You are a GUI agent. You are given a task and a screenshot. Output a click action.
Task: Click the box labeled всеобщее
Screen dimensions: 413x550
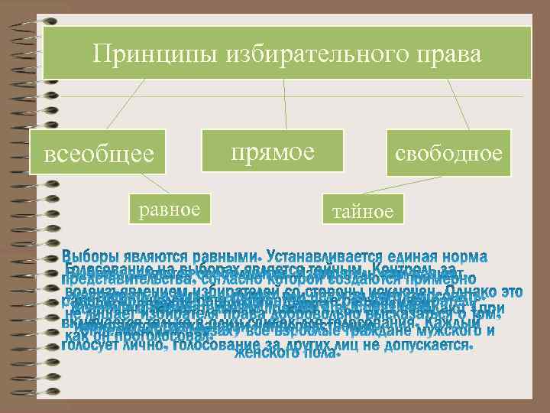point(99,154)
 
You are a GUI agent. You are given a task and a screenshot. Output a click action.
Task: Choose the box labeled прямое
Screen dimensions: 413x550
point(273,151)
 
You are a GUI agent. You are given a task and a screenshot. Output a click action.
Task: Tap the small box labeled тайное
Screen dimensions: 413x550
point(364,211)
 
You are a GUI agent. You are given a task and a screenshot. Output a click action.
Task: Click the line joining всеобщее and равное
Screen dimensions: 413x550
point(156,184)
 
